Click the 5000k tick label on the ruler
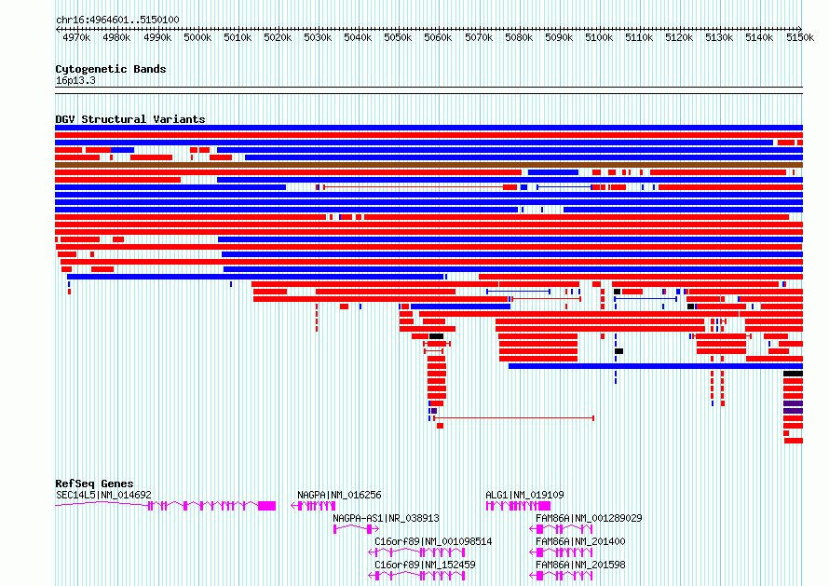197,37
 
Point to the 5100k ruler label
599,37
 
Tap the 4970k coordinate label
76,37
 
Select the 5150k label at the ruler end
800,37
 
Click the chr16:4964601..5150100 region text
117,20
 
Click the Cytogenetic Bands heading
111,69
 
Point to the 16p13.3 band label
75,80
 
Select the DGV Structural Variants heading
130,119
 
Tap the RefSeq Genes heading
94,484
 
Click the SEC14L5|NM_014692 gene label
103,495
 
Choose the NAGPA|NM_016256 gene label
339,495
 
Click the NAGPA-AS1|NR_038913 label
386,518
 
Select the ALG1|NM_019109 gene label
524,495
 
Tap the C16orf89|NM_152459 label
425,565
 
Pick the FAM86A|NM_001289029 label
589,518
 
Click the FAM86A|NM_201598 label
580,565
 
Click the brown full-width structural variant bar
428,165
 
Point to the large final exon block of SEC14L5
267,506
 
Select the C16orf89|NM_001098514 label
433,541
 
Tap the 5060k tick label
438,37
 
